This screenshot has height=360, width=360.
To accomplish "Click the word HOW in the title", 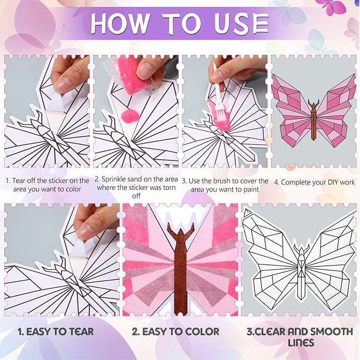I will tap(124, 24).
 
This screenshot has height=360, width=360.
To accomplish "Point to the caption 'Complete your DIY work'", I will tap(314, 182).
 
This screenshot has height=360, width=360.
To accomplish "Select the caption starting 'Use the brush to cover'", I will tap(225, 186).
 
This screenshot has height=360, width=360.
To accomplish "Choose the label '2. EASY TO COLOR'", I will tap(176, 332).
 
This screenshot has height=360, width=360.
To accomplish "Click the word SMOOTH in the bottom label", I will tap(328, 332).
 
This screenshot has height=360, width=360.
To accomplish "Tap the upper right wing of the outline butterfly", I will tap(331, 239).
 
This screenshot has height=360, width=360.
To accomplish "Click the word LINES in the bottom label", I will tap(300, 344).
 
